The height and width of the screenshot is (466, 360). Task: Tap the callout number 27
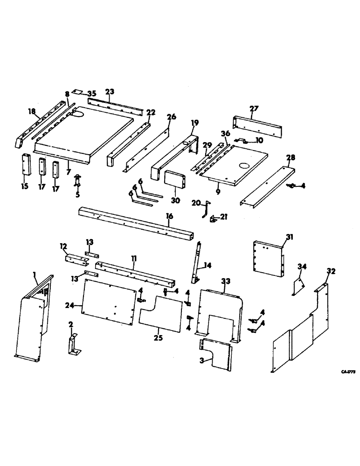click(254, 109)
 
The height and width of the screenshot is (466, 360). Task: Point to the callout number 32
click(332, 271)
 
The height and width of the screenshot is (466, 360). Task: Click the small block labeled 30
click(173, 179)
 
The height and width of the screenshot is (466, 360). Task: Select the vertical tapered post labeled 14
click(197, 264)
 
